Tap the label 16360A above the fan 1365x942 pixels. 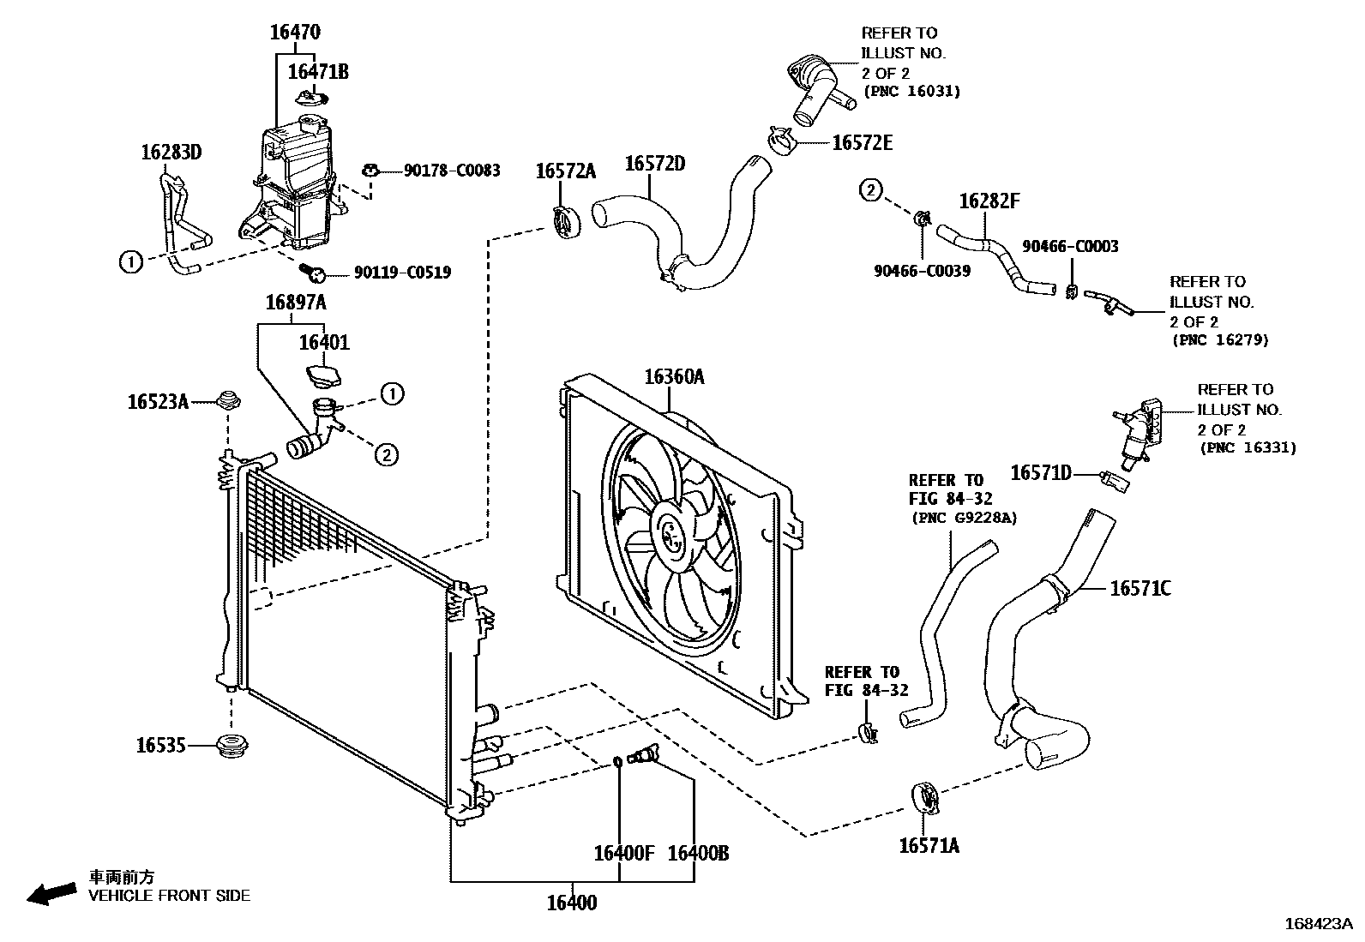pos(674,375)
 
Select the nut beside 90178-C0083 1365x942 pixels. pos(371,170)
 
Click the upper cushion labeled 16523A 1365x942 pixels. pos(227,399)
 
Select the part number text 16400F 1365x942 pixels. pos(623,854)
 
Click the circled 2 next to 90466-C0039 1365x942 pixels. pos(869,190)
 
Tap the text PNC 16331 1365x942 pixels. pos(1248,447)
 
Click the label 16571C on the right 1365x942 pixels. pos(1140,588)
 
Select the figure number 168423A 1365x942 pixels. pos(1317,924)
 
